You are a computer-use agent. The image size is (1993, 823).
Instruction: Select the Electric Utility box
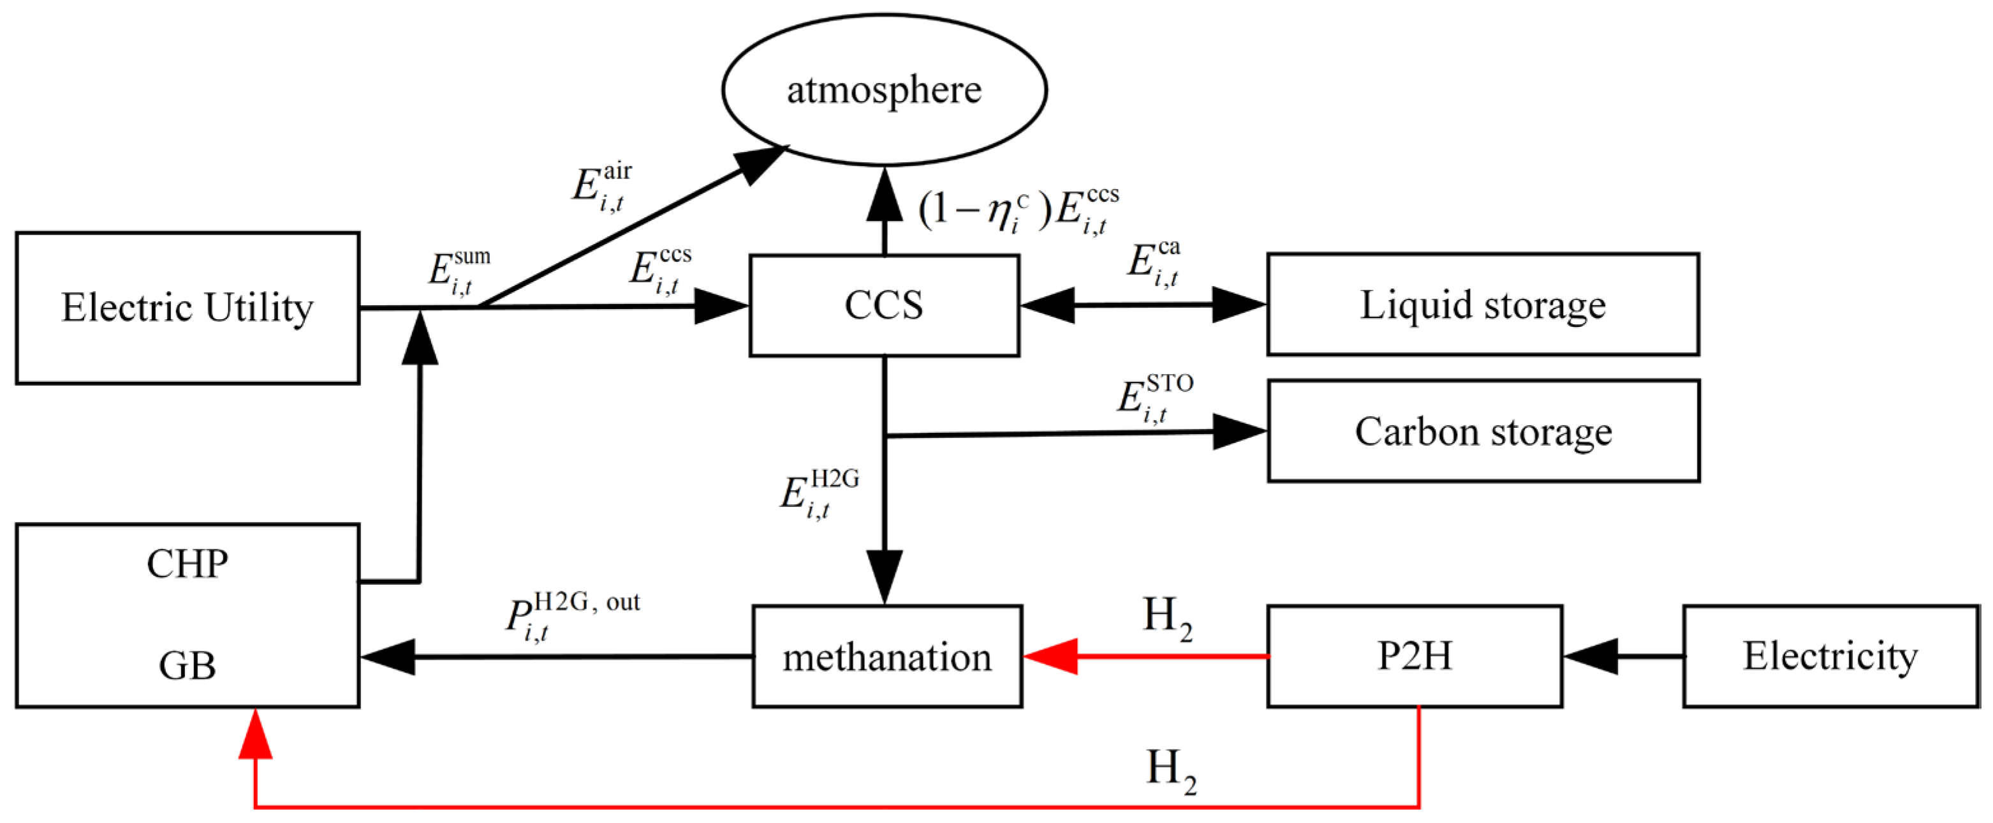[x=188, y=307]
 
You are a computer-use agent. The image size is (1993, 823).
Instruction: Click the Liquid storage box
[x=1482, y=305]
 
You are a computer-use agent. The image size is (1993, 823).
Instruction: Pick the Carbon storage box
[x=1482, y=431]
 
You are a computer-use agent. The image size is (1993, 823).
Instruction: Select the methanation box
[x=886, y=656]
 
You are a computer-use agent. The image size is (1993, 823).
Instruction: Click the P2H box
[x=1415, y=656]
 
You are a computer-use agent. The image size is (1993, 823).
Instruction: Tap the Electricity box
[x=1830, y=656]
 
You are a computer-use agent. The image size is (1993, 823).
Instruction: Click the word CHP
[x=188, y=564]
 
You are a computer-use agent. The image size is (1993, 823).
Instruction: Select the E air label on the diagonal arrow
[x=602, y=186]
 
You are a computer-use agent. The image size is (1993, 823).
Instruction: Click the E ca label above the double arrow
[x=1153, y=263]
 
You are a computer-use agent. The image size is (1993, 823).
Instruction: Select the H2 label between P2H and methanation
[x=1166, y=619]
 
